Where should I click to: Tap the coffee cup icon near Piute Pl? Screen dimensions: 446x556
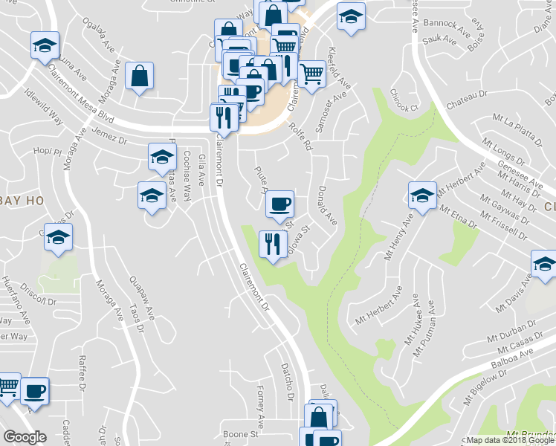tap(279, 204)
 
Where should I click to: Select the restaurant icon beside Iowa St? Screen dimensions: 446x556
tap(273, 243)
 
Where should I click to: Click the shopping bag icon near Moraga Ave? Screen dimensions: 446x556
tap(139, 75)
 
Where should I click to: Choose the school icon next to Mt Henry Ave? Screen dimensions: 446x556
tap(421, 196)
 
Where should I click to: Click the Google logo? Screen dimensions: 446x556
tap(25, 437)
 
